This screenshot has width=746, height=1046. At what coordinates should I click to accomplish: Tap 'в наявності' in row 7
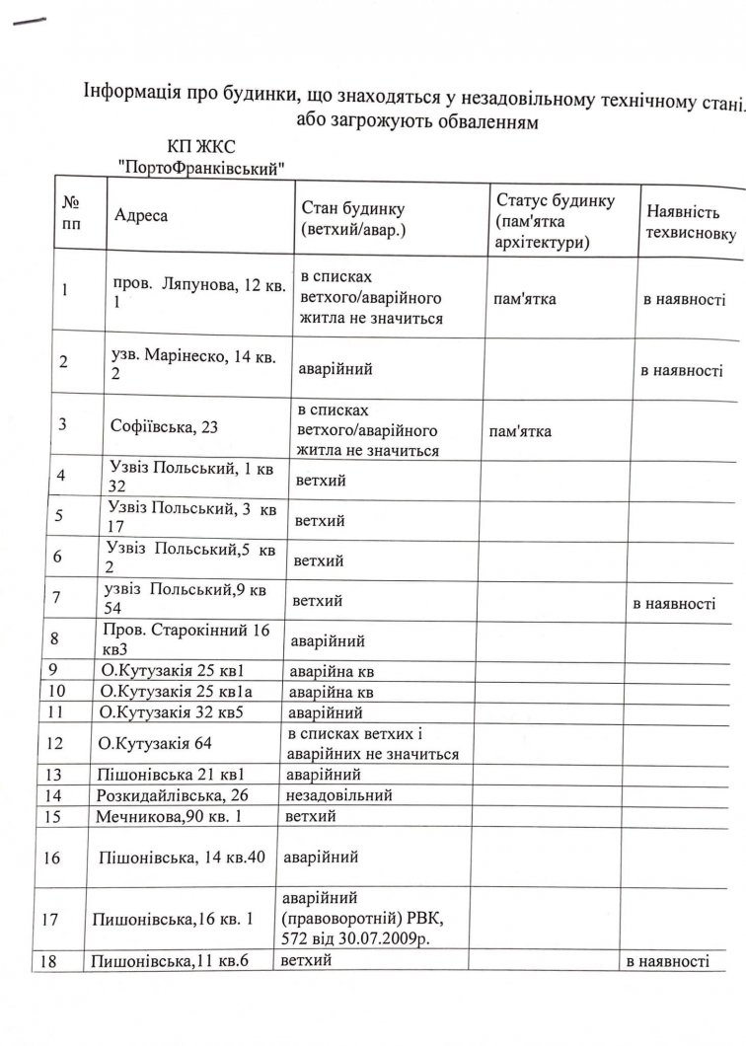click(x=674, y=603)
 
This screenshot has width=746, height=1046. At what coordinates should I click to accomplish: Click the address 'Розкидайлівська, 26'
click(x=176, y=794)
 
